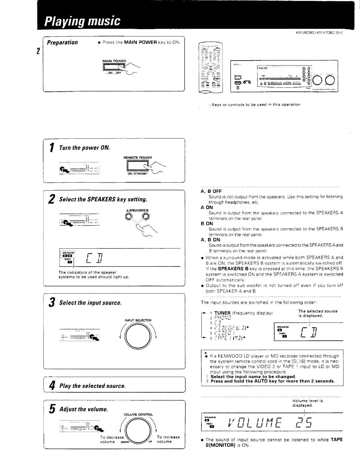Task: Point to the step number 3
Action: pos(52,302)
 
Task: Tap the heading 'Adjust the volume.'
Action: pos(84,409)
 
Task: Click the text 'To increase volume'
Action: pos(168,439)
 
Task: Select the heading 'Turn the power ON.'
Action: pos(84,147)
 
